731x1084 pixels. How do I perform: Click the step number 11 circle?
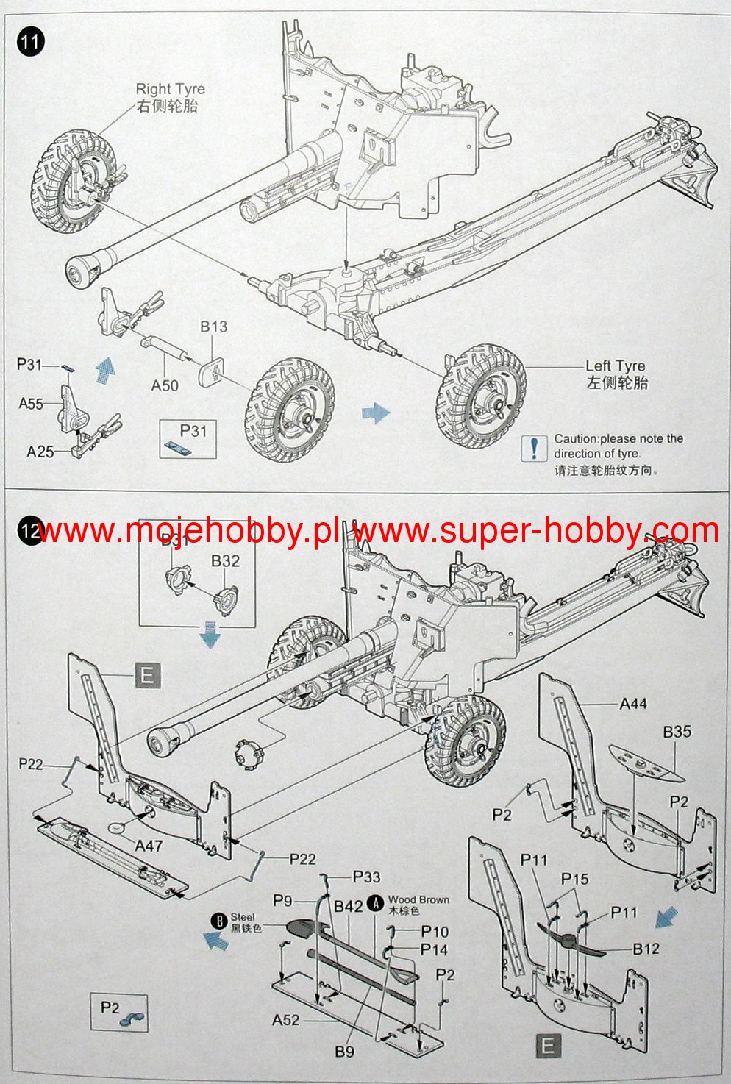coord(29,40)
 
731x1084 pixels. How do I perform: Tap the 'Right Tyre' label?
coord(170,89)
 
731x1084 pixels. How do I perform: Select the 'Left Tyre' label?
coord(615,366)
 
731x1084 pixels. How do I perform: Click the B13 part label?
coord(213,327)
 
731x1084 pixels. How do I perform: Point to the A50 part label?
coord(165,385)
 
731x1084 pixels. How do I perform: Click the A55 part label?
coord(31,403)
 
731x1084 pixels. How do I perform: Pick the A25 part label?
coord(40,451)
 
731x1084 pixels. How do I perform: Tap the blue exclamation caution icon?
coord(534,447)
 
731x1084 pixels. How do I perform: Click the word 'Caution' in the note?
coord(574,439)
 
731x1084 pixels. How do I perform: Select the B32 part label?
coord(225,561)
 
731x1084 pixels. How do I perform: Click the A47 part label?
coord(149,846)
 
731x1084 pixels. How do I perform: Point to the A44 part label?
coord(632,704)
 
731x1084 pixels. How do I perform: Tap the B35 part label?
coord(677,732)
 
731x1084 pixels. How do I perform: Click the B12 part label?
coord(646,949)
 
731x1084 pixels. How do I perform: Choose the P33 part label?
coord(366,876)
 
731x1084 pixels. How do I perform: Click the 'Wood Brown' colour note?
coord(418,899)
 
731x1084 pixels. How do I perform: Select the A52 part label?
coord(286,1019)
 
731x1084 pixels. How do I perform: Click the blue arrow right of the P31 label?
coord(105,366)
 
